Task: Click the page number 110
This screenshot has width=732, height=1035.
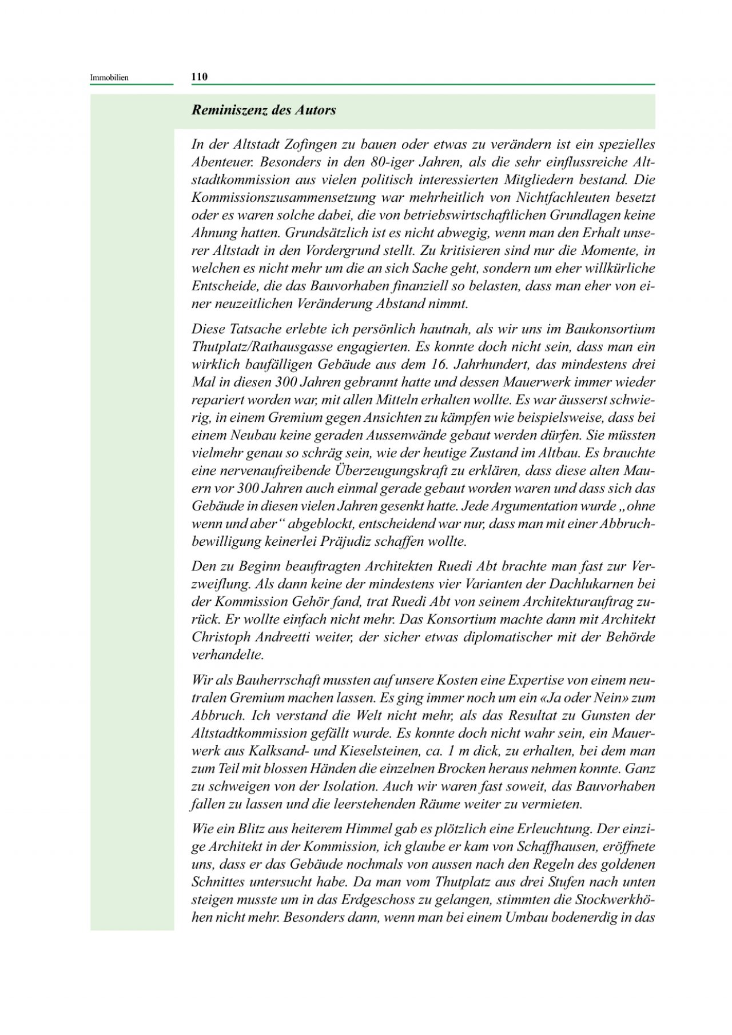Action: coord(199,77)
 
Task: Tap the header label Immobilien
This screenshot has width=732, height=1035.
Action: coord(109,77)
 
